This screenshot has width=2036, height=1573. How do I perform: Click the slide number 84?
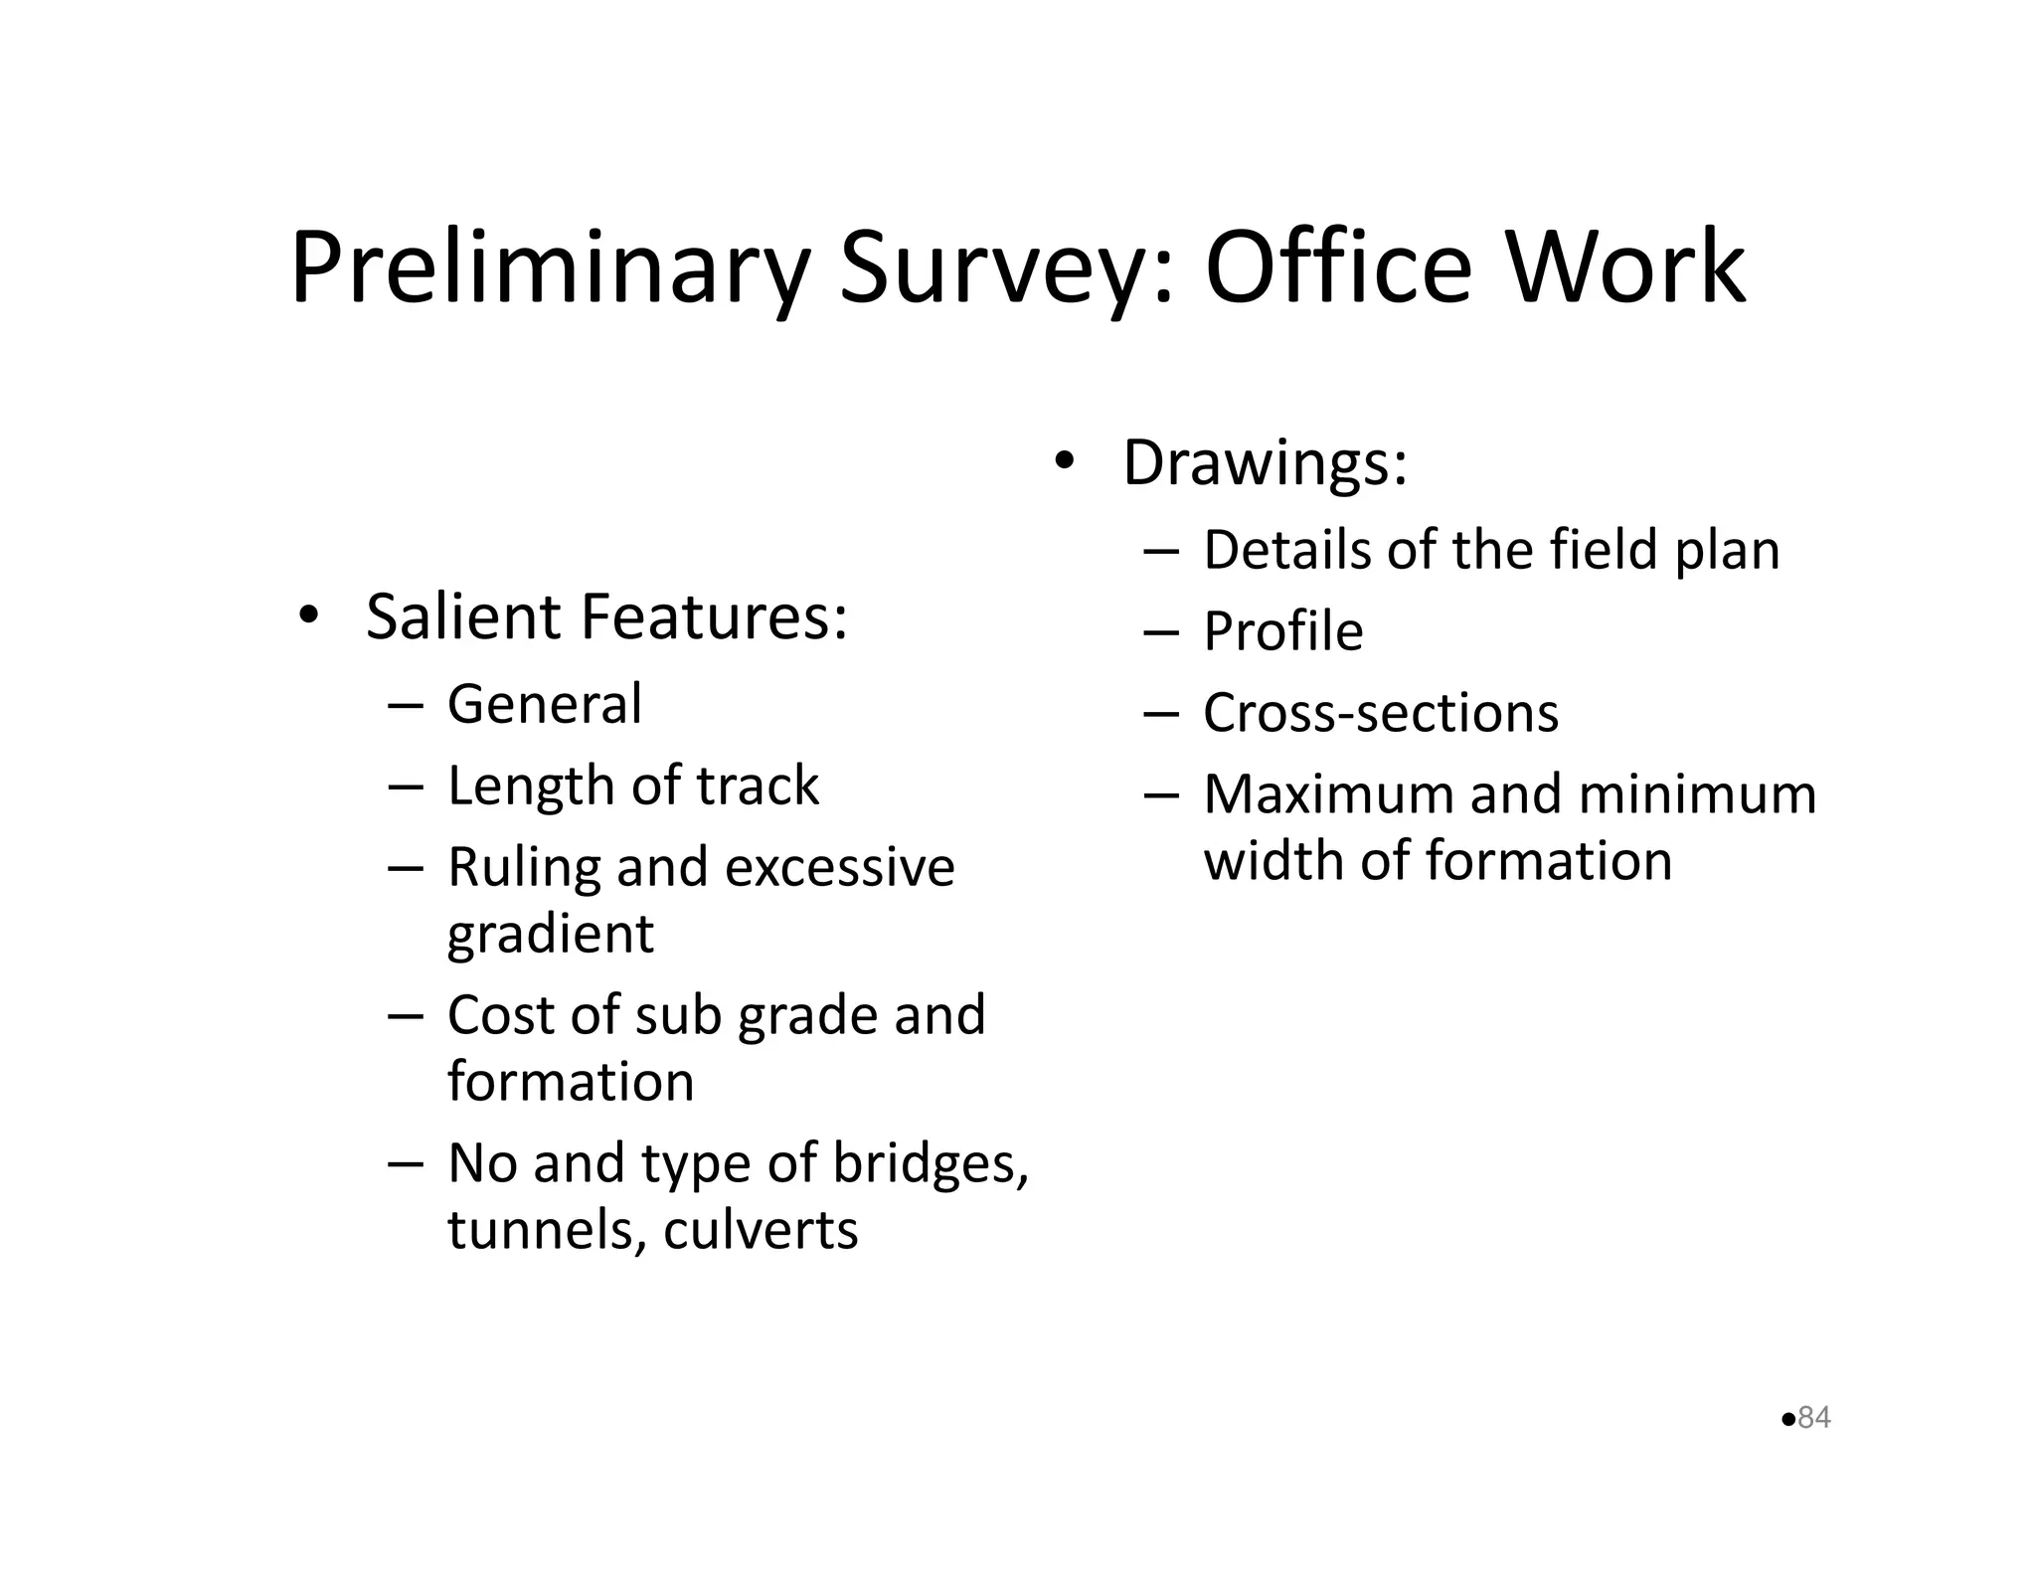coord(1814,1417)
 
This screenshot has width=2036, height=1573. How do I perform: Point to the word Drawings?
coord(1265,463)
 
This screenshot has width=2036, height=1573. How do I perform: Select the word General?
coord(545,704)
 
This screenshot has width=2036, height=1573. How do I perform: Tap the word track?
coord(758,786)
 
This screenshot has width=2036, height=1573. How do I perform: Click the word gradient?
coord(550,935)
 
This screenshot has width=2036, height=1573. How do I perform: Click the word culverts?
coord(760,1230)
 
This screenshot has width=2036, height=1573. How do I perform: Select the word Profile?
coord(1282,631)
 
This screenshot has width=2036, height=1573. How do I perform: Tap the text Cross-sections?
coord(1380,713)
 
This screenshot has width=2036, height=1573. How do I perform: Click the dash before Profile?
coord(1160,632)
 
